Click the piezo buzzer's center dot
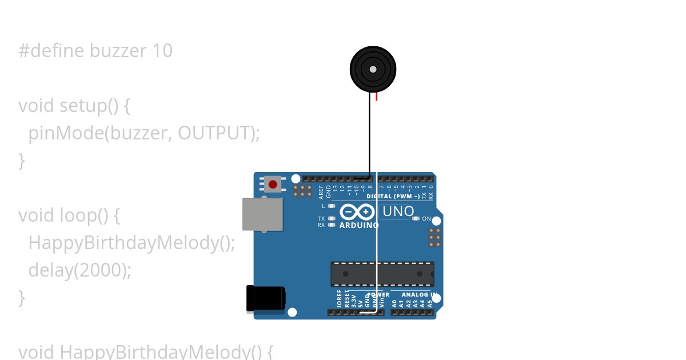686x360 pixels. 373,69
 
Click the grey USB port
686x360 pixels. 262,214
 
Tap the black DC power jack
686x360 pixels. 265,299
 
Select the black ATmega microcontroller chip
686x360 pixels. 382,274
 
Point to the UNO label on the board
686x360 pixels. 398,211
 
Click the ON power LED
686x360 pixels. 416,218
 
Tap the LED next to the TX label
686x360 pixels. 332,218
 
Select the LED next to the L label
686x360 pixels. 332,206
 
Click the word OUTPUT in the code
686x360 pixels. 215,133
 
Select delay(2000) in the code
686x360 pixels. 79,270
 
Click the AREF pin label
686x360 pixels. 321,191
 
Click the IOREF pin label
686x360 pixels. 340,299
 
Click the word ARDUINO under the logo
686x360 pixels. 359,225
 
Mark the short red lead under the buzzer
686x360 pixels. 377,97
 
